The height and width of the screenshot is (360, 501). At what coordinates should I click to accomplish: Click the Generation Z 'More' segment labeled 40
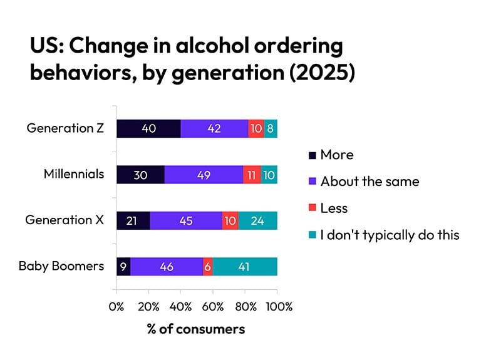click(x=148, y=128)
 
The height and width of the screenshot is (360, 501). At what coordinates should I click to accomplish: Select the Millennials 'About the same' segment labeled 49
click(x=204, y=174)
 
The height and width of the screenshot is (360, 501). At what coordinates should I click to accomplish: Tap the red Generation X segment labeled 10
click(x=230, y=220)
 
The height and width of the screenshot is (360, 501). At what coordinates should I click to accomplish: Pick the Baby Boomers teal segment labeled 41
click(x=245, y=266)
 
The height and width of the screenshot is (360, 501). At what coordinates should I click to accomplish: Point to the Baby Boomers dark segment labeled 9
click(x=123, y=266)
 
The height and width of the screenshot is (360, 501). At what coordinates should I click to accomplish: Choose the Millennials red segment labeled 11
click(x=252, y=174)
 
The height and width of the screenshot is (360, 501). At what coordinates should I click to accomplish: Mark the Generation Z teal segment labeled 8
click(x=271, y=128)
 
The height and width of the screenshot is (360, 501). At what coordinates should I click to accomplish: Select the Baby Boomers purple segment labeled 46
click(x=167, y=266)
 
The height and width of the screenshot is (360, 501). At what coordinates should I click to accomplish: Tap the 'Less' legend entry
click(x=333, y=208)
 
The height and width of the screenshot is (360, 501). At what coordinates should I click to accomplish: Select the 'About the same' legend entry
click(x=369, y=181)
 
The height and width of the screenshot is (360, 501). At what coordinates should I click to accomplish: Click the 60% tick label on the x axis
click(x=213, y=307)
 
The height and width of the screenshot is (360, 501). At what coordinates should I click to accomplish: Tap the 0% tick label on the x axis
click(x=116, y=307)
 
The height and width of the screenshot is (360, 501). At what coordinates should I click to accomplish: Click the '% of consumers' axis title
click(x=196, y=329)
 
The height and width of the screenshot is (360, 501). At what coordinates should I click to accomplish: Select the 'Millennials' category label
click(x=74, y=174)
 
